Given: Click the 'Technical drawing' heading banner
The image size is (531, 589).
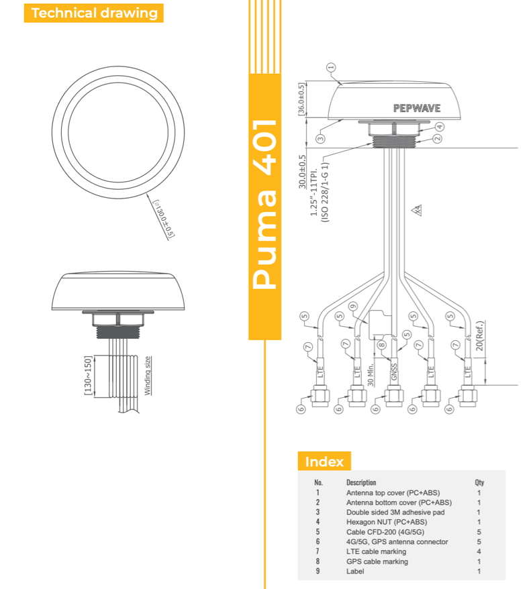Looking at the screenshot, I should click(x=94, y=13).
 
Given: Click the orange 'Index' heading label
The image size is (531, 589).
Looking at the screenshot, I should click(x=324, y=462).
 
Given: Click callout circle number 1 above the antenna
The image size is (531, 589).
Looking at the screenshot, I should click(x=330, y=67).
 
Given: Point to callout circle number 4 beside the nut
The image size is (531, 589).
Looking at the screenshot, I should click(x=440, y=126).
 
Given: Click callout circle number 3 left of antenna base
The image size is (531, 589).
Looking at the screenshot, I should click(x=321, y=139).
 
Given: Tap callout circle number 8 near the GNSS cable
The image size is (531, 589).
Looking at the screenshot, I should click(x=381, y=345).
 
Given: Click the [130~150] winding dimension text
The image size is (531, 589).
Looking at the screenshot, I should click(x=87, y=376).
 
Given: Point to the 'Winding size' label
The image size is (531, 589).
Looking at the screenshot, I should click(x=148, y=375).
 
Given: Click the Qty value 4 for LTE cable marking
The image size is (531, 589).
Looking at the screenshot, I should click(x=479, y=551).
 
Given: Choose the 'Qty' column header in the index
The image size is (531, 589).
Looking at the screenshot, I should click(x=479, y=482).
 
